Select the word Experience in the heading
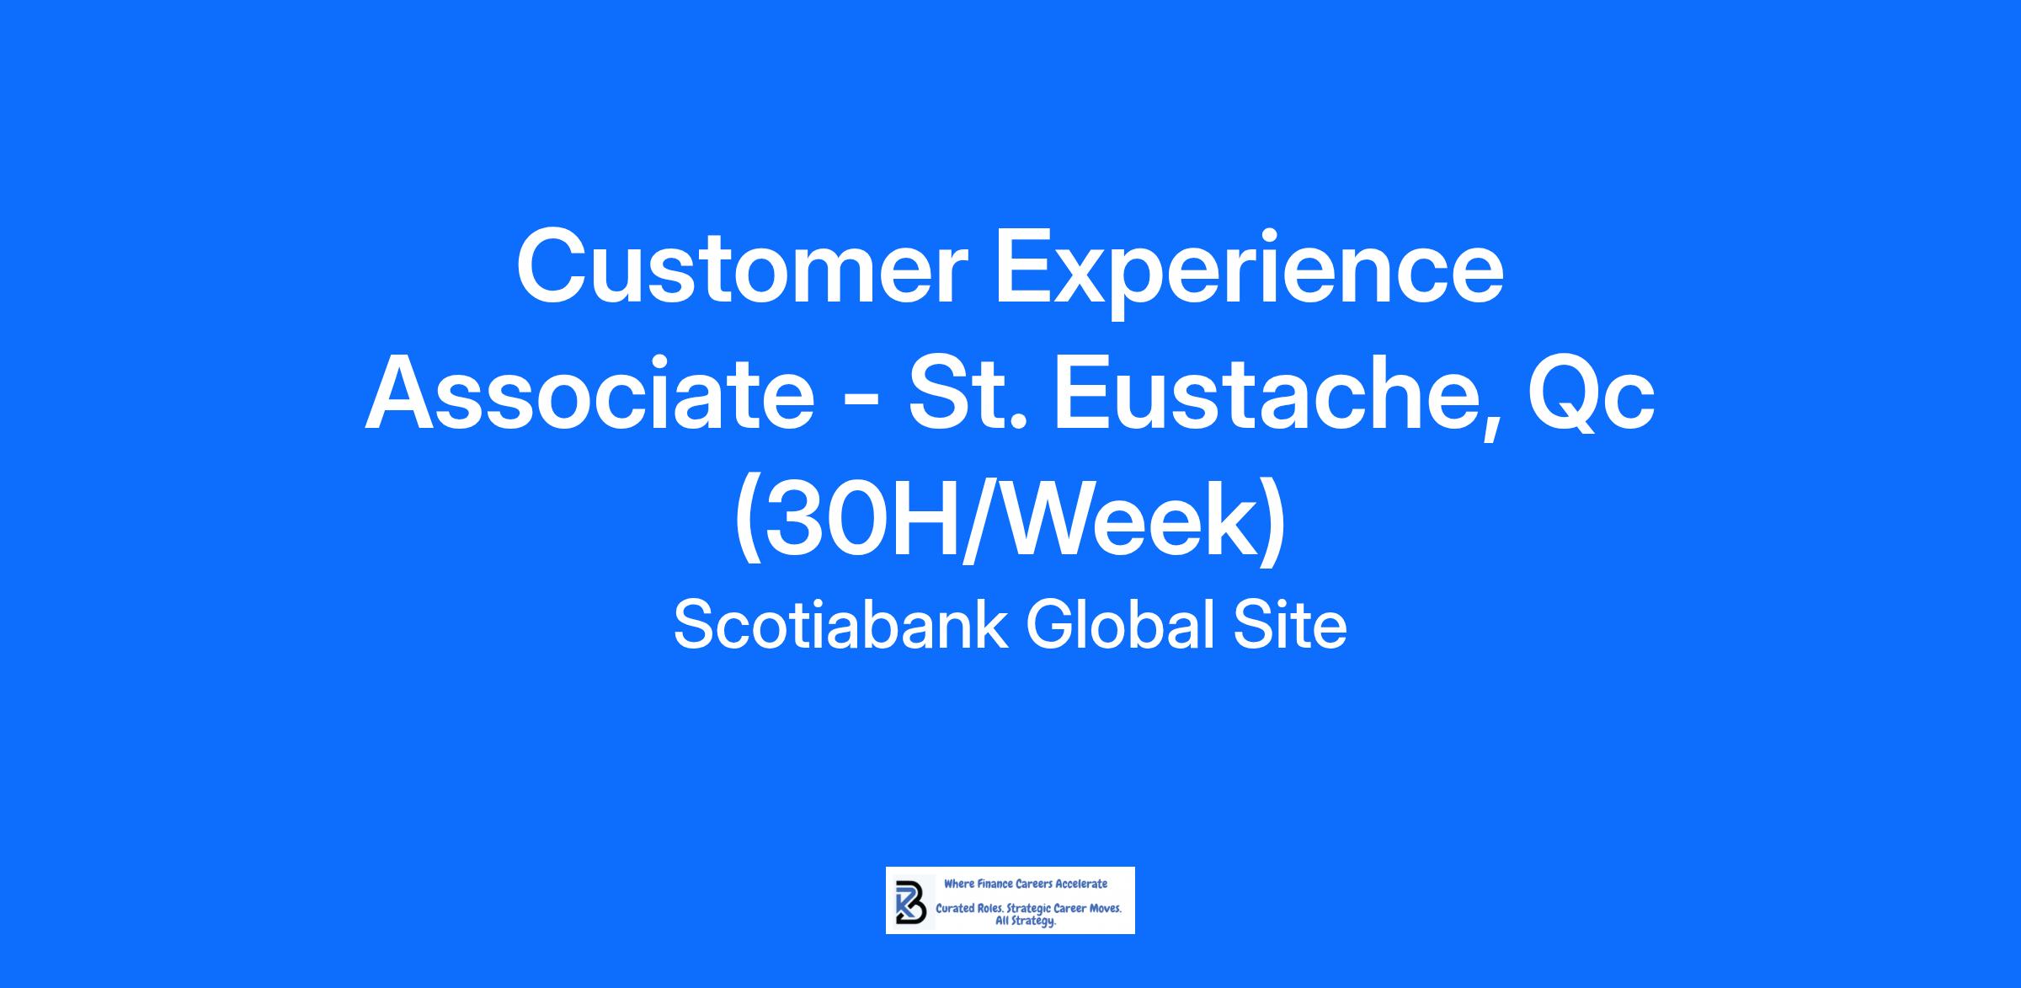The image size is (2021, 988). click(x=1250, y=275)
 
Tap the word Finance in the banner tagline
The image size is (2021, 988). click(x=995, y=884)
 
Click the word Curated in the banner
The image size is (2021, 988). click(x=955, y=910)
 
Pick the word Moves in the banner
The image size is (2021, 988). click(x=1105, y=910)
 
